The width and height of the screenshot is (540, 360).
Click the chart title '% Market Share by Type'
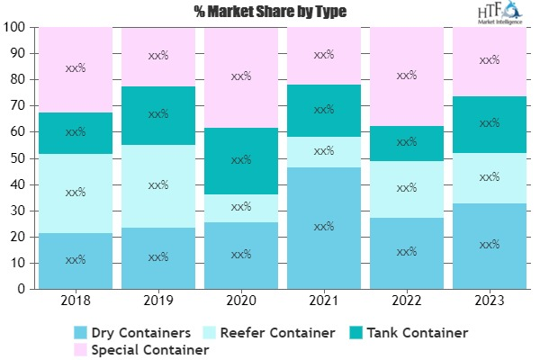click(x=268, y=12)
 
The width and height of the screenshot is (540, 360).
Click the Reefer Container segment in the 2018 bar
click(x=76, y=193)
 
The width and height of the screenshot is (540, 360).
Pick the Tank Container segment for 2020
click(x=241, y=160)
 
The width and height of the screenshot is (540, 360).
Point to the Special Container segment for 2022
click(x=407, y=76)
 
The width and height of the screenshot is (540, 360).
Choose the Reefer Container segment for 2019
click(x=158, y=185)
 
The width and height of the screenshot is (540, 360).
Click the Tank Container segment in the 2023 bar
click(x=490, y=123)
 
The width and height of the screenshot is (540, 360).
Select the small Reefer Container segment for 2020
click(x=241, y=208)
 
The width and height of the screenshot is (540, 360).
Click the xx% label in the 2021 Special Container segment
click(x=324, y=55)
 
